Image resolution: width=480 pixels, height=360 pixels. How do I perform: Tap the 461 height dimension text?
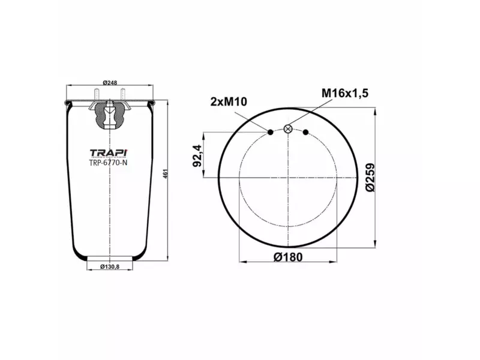point(165,173)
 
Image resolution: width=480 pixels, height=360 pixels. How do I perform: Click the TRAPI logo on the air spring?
point(109,152)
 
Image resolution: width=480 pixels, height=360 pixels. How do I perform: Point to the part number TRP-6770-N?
point(109,161)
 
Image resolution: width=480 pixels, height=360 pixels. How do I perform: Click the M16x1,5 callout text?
point(344,93)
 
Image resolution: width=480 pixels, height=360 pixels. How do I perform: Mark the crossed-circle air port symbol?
point(288,128)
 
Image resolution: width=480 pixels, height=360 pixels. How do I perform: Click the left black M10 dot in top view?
point(270,132)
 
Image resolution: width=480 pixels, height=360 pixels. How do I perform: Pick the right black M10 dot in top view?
point(306,132)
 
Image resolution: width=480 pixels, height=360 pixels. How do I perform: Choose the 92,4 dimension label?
point(196,156)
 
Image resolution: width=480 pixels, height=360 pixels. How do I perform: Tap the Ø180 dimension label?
point(288,257)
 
